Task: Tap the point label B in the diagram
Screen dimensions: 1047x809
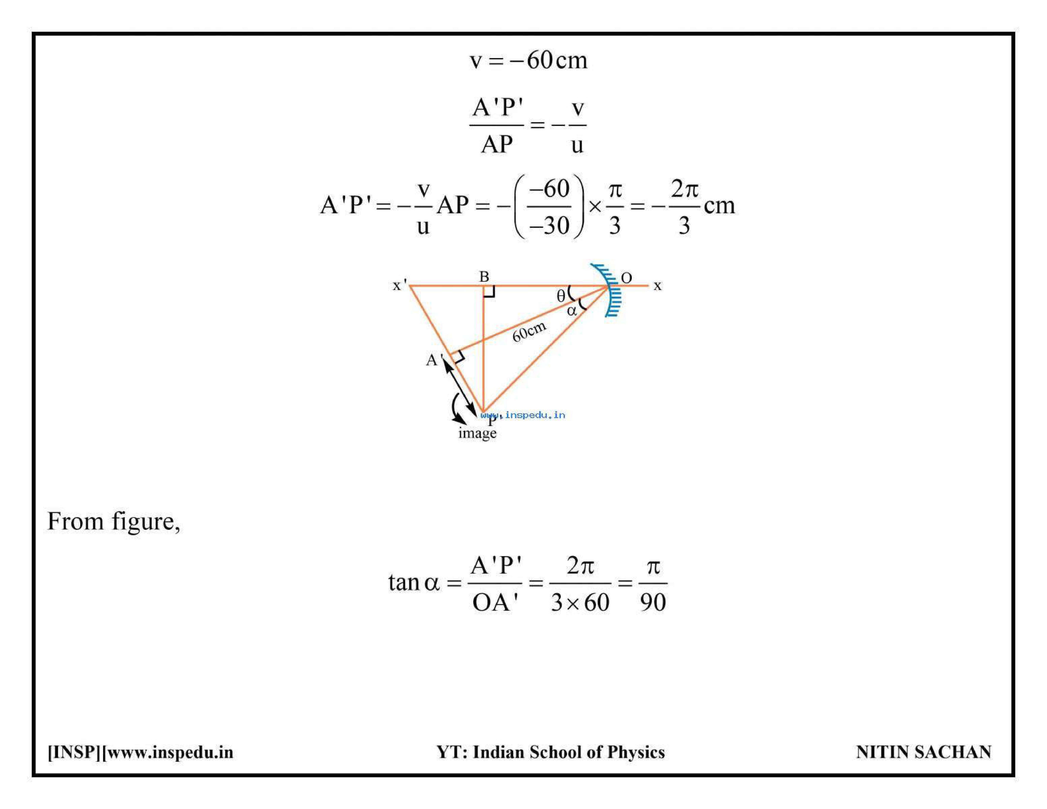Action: point(484,277)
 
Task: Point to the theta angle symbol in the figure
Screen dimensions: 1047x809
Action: point(561,296)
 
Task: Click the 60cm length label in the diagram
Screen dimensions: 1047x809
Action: point(529,331)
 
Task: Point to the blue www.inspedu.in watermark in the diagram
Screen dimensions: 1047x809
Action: point(523,415)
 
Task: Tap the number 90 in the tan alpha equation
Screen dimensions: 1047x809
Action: point(653,602)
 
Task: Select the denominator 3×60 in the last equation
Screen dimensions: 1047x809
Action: point(580,602)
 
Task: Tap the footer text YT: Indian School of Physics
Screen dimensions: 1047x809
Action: point(550,752)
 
